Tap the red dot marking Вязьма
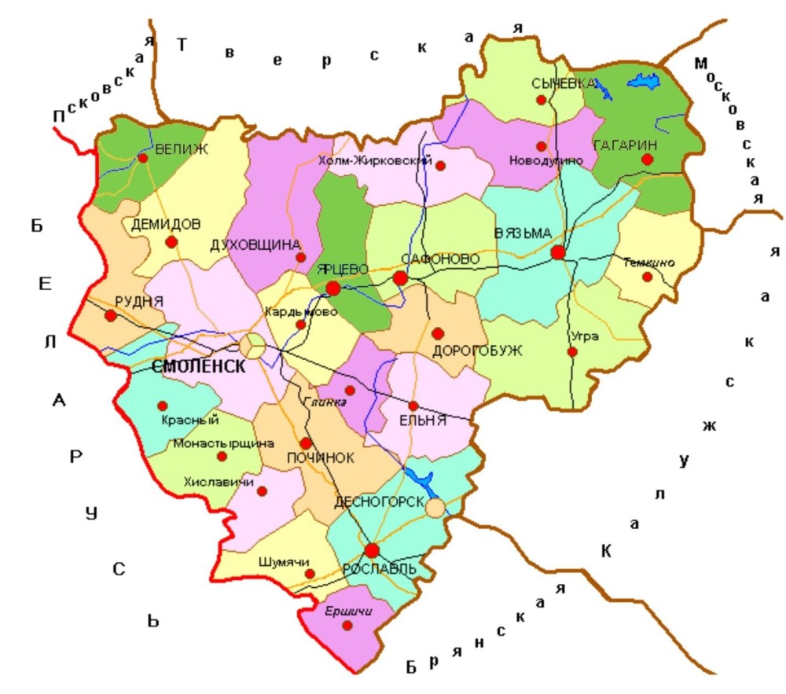tap(558, 252)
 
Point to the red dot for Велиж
tap(143, 158)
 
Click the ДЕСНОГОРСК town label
tap(380, 501)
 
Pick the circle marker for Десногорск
tap(435, 507)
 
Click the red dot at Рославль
tap(371, 550)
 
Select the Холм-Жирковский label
tap(376, 161)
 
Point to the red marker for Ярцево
tap(333, 288)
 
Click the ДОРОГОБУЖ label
tap(477, 351)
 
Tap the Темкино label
tap(648, 263)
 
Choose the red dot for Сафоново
tap(400, 277)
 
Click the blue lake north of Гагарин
tap(642, 82)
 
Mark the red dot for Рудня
tap(111, 316)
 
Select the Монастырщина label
tap(218, 442)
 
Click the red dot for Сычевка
tap(541, 100)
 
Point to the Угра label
tap(586, 336)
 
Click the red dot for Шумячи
tap(310, 573)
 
